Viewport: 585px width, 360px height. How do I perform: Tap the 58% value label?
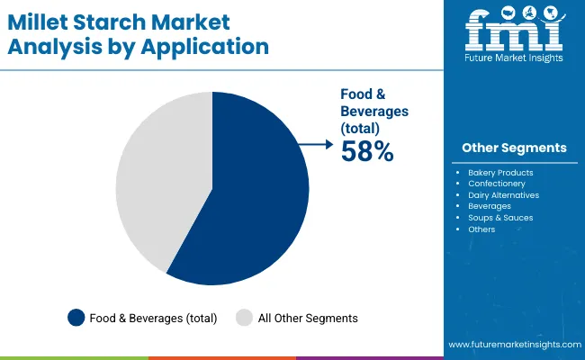pyautogui.click(x=366, y=153)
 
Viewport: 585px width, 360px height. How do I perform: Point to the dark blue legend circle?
pyautogui.click(x=76, y=317)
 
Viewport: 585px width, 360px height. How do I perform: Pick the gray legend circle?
pyautogui.click(x=244, y=317)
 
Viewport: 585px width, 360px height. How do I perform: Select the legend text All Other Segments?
pyautogui.click(x=309, y=318)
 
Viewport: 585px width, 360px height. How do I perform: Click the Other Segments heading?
pyautogui.click(x=514, y=148)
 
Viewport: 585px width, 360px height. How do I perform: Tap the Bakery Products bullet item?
pyautogui.click(x=500, y=172)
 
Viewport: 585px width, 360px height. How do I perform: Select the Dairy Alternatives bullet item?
pyautogui.click(x=502, y=194)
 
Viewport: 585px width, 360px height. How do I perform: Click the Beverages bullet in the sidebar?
pyautogui.click(x=490, y=206)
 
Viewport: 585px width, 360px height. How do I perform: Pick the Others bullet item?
pyautogui.click(x=481, y=229)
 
